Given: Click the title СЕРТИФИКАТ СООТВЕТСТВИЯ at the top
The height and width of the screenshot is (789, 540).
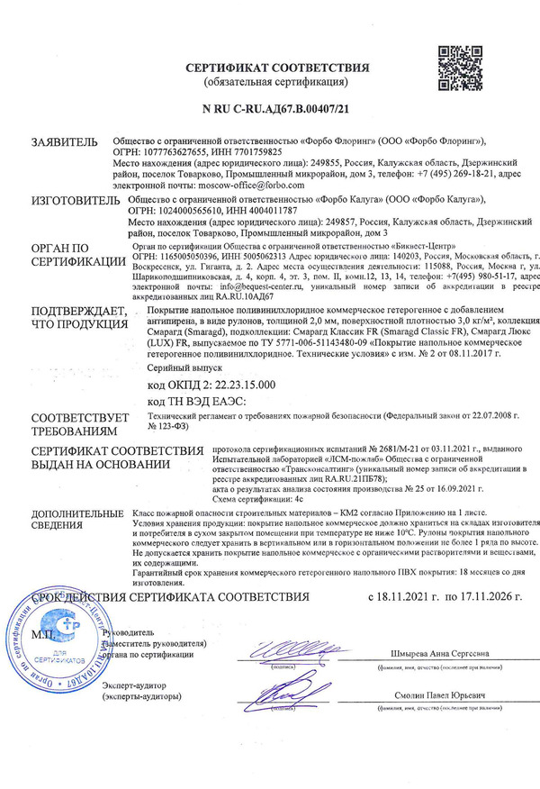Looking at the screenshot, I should pyautogui.click(x=278, y=68).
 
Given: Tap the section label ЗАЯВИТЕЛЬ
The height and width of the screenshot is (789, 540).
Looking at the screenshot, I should pyautogui.click(x=63, y=142).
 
